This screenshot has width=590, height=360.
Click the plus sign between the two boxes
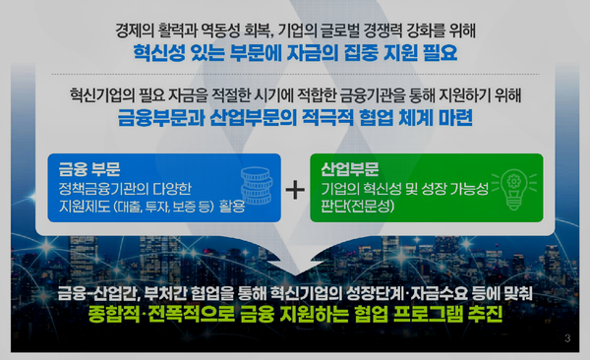coord(295,189)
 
